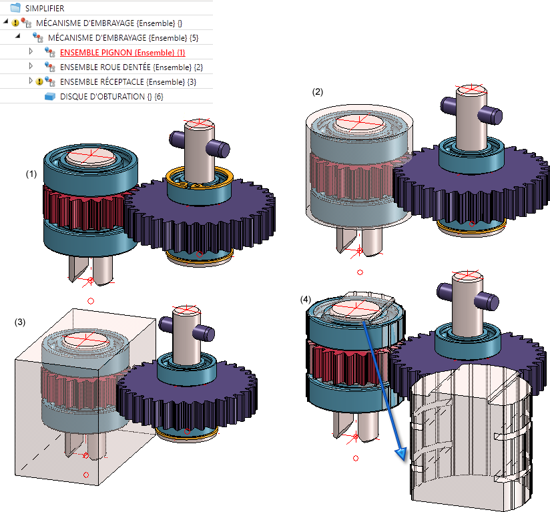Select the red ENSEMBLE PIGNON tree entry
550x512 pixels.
pyautogui.click(x=122, y=52)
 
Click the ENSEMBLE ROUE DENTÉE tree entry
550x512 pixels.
pyautogui.click(x=131, y=67)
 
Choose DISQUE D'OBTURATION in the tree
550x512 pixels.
pyautogui.click(x=111, y=97)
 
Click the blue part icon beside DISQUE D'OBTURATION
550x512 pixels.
pyautogui.click(x=49, y=97)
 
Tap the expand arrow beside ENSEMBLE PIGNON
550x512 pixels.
pyautogui.click(x=30, y=51)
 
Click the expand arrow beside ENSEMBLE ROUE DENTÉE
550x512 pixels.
pyautogui.click(x=30, y=66)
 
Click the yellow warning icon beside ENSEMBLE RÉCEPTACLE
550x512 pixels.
pyautogui.click(x=39, y=81)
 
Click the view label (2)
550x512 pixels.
pyautogui.click(x=318, y=92)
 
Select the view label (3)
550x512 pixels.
pyautogui.click(x=20, y=322)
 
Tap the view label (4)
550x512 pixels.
pyautogui.click(x=306, y=300)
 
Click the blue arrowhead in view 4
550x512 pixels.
pyautogui.click(x=400, y=454)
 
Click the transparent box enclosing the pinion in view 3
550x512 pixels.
pyautogui.click(x=40, y=414)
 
